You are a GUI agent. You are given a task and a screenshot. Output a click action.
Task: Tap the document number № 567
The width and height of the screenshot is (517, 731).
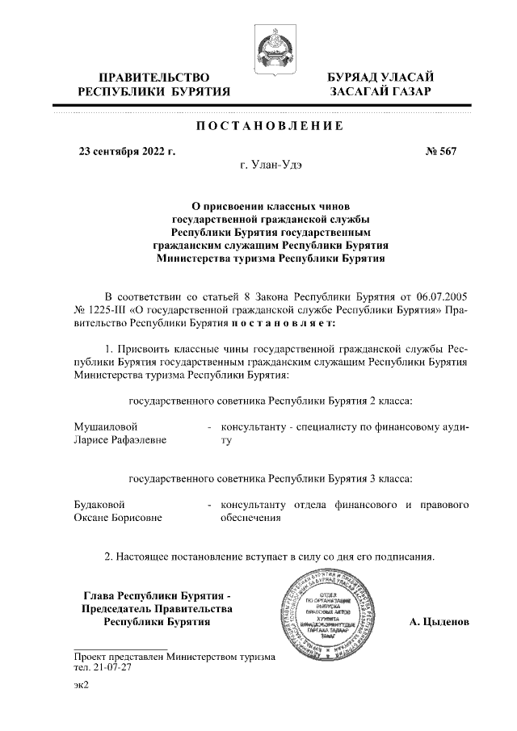(x=441, y=151)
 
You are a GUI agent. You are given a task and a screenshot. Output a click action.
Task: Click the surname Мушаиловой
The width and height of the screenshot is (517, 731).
(x=106, y=426)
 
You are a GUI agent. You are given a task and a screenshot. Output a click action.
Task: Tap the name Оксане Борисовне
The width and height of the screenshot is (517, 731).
(x=118, y=519)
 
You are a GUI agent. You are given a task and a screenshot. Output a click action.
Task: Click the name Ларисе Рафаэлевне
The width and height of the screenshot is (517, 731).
(x=120, y=440)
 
